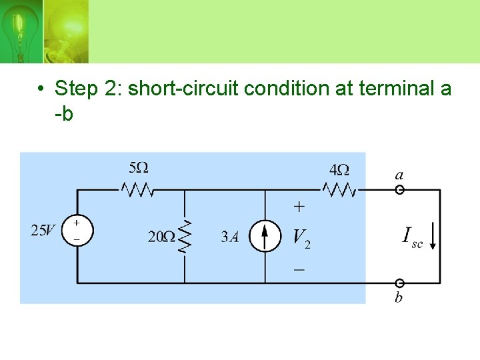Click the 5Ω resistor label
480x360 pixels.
click(138, 167)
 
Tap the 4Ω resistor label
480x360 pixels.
click(339, 169)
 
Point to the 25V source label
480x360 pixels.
click(44, 231)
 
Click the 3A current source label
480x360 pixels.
click(230, 237)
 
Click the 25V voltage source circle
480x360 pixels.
click(77, 231)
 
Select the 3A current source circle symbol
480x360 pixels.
click(265, 237)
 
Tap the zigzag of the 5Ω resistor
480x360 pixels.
click(138, 190)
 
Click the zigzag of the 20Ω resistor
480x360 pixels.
click(185, 237)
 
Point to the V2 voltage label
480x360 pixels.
click(301, 237)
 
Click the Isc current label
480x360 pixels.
click(412, 237)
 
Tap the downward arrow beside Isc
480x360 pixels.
click(433, 237)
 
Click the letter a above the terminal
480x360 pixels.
click(399, 175)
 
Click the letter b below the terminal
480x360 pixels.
click(399, 297)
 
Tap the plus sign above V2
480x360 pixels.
click(299, 207)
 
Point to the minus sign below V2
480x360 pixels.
click(299, 269)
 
